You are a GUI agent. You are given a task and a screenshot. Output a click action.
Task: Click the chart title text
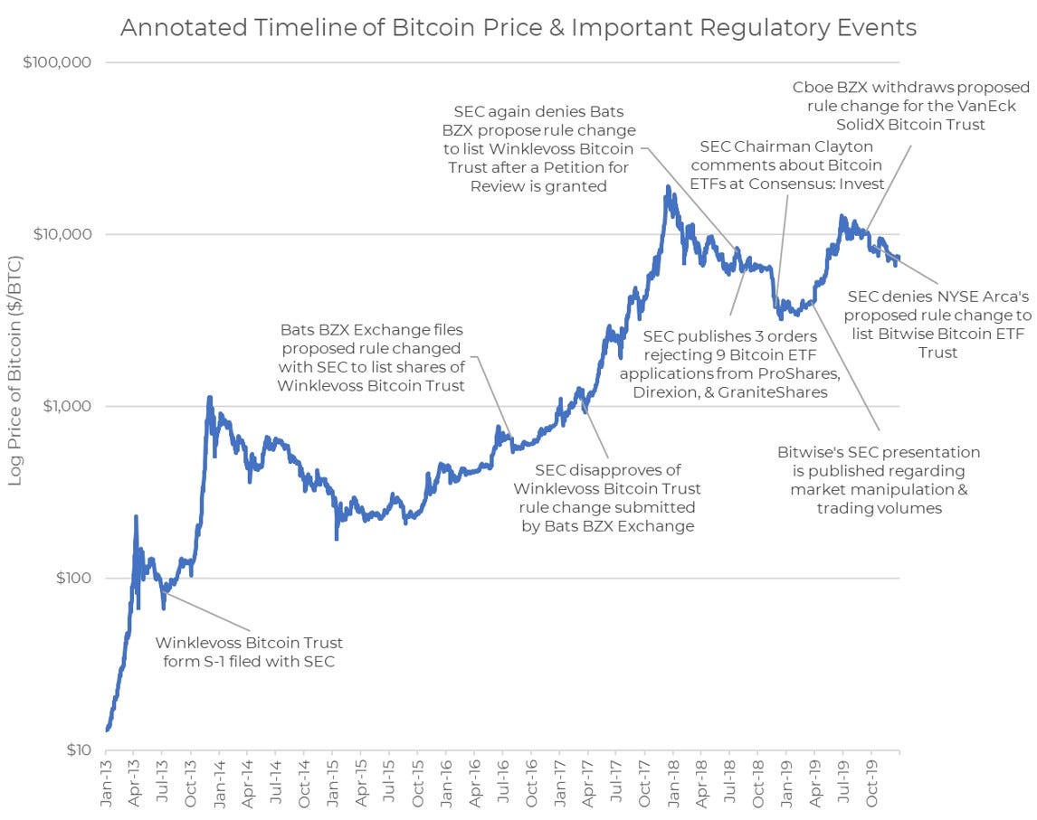point(518,28)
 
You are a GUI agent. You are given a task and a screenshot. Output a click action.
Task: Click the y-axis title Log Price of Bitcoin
point(15,370)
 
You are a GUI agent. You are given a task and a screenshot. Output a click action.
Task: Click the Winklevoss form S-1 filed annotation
point(249,652)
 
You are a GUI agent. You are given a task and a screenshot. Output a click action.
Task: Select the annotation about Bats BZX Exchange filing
point(373,358)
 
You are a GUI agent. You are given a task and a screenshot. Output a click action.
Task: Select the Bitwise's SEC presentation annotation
point(879,480)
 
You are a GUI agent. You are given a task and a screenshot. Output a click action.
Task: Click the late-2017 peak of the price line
point(668,187)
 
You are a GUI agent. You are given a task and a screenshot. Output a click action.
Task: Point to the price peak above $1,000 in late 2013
point(209,397)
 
